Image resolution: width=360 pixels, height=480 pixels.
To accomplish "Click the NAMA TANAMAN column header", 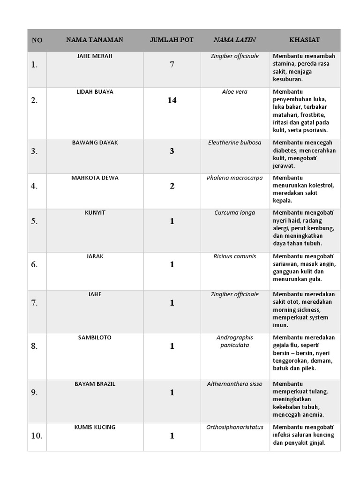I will (x=95, y=40).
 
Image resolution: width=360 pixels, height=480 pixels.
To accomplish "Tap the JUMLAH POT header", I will (x=172, y=40).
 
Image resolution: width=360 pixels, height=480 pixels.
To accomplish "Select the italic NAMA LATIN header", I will (x=234, y=40).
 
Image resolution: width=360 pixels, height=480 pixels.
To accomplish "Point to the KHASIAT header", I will (x=305, y=40).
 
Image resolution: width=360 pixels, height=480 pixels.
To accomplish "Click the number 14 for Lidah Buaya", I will (x=172, y=100).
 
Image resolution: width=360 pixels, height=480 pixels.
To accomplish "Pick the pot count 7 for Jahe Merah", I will (x=172, y=65).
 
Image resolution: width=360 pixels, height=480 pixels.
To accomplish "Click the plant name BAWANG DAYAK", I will (x=95, y=142).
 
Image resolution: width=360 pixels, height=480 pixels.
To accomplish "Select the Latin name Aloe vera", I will (x=234, y=92).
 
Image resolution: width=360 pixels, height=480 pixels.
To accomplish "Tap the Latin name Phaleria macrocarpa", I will (x=234, y=178).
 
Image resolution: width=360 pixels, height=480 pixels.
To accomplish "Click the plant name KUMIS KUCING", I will (x=95, y=427).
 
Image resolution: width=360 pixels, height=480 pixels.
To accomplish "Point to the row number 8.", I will (x=34, y=346).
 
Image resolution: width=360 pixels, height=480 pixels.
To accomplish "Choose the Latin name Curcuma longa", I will (x=234, y=213).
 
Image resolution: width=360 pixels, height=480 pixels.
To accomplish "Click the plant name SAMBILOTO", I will (x=95, y=337).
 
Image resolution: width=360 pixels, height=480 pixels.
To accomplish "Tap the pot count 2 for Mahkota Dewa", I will (x=172, y=186).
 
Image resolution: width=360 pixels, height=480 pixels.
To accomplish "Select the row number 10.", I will (x=37, y=436).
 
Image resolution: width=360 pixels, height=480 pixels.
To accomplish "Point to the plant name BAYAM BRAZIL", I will (x=95, y=384).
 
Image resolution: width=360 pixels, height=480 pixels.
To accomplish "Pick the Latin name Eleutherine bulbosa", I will (x=234, y=142).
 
